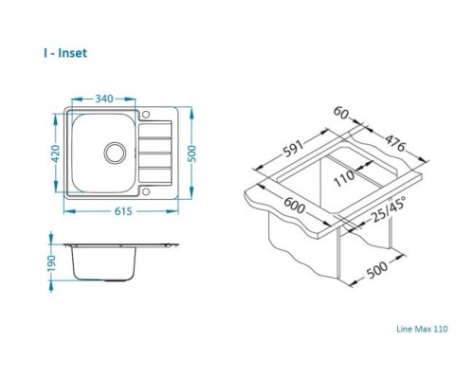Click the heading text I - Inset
pyautogui.click(x=65, y=53)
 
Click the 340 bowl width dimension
pyautogui.click(x=104, y=99)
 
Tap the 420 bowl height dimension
pyautogui.click(x=56, y=153)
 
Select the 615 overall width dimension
pyautogui.click(x=123, y=211)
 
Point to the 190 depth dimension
pyautogui.click(x=51, y=262)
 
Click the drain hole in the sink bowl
pyautogui.click(x=115, y=153)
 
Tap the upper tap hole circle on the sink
pyautogui.click(x=146, y=115)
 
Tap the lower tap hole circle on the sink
pyautogui.click(x=146, y=191)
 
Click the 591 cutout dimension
pyautogui.click(x=293, y=148)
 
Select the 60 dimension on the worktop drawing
pyautogui.click(x=341, y=113)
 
